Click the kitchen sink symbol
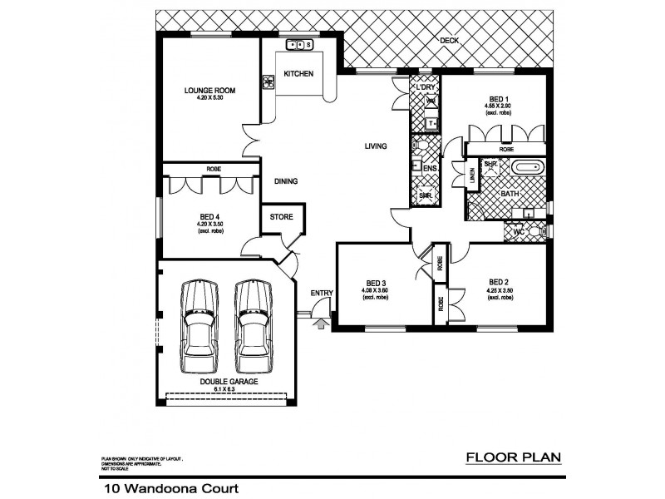pos(298,44)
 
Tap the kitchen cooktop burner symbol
pos(268,82)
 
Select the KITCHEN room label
pos(298,74)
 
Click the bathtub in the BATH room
pos(526,167)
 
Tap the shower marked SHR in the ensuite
pos(426,195)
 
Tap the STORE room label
pos(281,217)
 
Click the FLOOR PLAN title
pos(514,457)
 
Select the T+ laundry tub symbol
pos(431,123)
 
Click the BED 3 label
pos(375,281)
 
